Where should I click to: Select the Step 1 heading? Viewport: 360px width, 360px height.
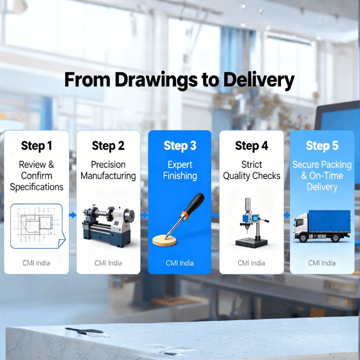[36, 146]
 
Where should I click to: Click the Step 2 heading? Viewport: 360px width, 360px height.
[108, 146]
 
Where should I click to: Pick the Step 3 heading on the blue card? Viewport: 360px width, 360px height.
[180, 146]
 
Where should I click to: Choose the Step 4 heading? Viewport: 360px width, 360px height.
[252, 146]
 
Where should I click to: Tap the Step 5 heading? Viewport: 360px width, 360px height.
[322, 146]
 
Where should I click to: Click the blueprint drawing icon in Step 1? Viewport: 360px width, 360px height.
[38, 226]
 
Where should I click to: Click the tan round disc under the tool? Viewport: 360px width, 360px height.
[164, 240]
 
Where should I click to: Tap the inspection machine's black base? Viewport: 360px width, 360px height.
[252, 243]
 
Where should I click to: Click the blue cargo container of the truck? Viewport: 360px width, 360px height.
[329, 221]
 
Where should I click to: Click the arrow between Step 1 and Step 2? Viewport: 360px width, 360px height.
[73, 215]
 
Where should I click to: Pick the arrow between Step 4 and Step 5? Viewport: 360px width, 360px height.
[287, 215]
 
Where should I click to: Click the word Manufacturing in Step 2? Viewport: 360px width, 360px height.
[108, 176]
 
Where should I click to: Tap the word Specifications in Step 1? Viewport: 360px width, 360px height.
[36, 187]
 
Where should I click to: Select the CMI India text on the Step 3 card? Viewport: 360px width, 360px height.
[180, 263]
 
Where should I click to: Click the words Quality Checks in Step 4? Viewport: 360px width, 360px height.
[252, 176]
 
